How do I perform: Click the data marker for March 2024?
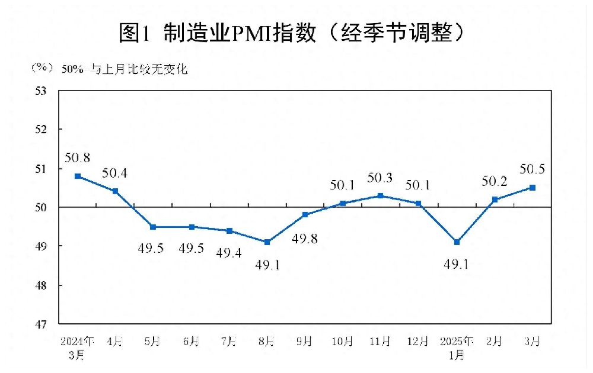[78, 176]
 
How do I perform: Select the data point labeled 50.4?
[115, 191]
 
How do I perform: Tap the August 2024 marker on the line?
[267, 242]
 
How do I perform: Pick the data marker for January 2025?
[457, 242]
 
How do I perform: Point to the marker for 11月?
[381, 195]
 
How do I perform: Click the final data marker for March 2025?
[533, 188]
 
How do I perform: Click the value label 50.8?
[78, 158]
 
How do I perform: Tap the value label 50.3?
[381, 178]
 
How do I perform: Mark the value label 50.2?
[495, 181]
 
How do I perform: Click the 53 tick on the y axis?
[42, 91]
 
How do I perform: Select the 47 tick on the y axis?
[42, 324]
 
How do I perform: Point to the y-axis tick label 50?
[42, 207]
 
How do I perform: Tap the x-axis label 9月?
[305, 342]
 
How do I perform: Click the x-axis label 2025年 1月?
[457, 348]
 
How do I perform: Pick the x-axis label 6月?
[191, 342]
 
